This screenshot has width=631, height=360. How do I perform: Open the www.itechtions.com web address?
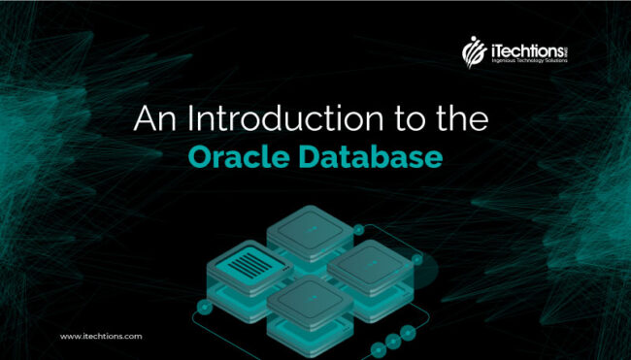101,336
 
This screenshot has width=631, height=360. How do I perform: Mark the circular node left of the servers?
204,308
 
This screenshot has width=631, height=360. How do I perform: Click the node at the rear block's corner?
358,230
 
